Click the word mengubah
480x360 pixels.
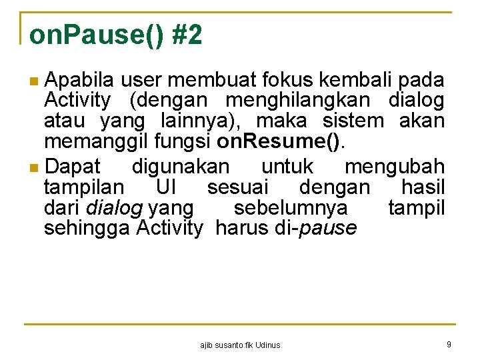[x=394, y=166]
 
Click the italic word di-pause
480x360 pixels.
[x=315, y=228]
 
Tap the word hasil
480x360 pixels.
[x=422, y=187]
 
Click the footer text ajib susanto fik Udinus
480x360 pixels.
[x=240, y=345]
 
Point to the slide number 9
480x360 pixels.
[x=449, y=344]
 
